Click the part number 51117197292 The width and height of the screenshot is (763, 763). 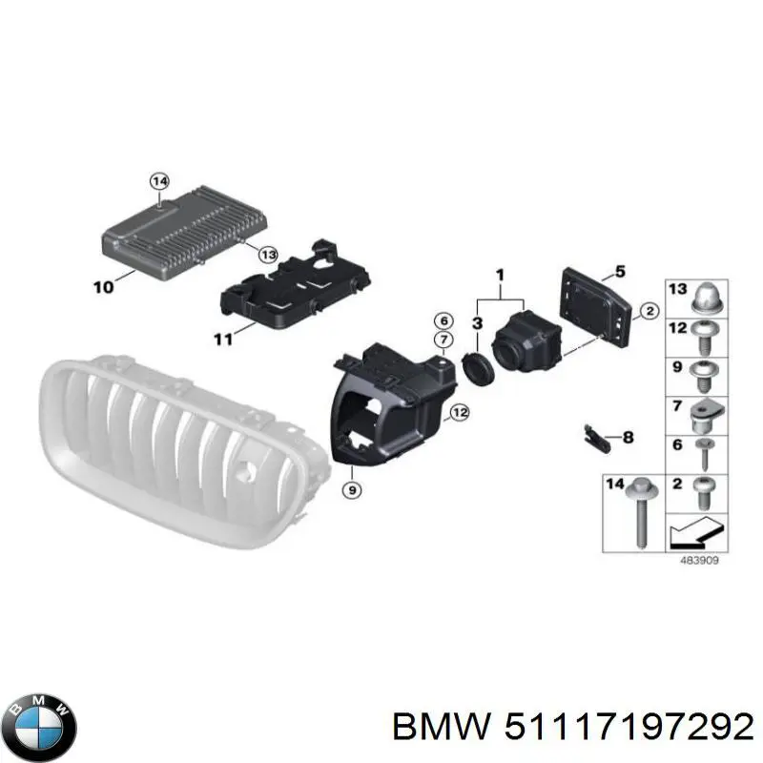coord(629,728)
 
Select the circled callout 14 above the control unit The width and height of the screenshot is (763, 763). coord(159,181)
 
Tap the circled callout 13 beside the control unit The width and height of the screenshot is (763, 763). coord(268,254)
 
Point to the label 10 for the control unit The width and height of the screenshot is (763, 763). coord(104,287)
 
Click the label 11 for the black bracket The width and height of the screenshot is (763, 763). coord(223,339)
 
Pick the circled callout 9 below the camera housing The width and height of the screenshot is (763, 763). coord(352,489)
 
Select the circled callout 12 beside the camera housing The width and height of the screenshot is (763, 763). coord(460,413)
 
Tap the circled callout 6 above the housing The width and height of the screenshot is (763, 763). coord(443,321)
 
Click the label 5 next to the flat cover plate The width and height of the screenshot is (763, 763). coord(619,271)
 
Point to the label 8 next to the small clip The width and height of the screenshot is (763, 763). coord(629,437)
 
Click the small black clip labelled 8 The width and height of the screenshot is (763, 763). coord(597,439)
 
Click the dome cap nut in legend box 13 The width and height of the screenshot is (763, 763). coord(709,298)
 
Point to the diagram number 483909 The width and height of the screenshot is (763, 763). coord(699,560)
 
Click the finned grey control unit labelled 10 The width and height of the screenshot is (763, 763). coord(185,232)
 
